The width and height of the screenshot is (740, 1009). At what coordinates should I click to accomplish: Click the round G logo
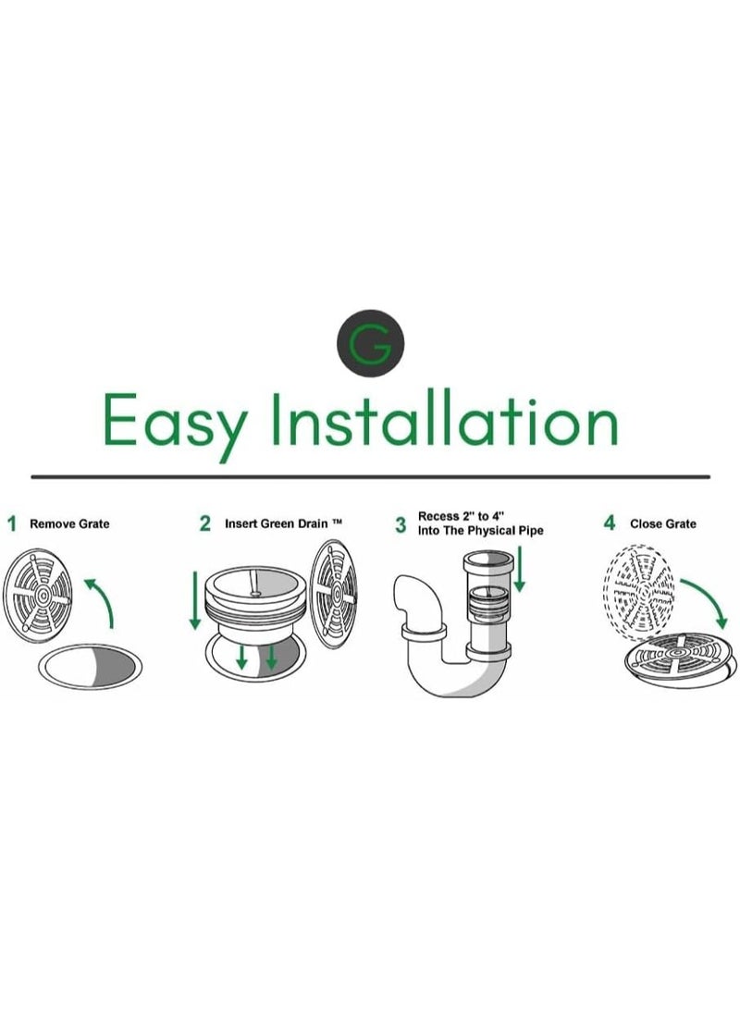(x=370, y=344)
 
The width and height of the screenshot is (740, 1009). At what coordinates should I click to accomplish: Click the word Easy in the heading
(x=175, y=425)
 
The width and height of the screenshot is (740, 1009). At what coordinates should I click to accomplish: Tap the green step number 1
(x=12, y=523)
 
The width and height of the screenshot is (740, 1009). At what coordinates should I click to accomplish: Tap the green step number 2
(x=204, y=523)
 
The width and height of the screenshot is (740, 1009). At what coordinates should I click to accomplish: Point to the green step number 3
(x=401, y=525)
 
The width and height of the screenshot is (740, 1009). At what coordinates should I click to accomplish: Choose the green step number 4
(x=609, y=523)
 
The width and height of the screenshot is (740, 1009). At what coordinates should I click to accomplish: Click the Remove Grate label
(x=69, y=524)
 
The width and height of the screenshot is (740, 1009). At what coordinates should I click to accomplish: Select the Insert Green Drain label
(x=283, y=523)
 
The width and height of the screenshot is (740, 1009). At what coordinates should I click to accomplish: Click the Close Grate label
(x=663, y=524)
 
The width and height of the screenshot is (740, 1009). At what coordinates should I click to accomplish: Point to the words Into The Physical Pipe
(x=480, y=531)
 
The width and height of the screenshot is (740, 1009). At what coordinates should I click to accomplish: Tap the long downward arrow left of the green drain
(x=194, y=599)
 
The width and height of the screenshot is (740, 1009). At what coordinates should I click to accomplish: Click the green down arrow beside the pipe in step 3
(x=519, y=569)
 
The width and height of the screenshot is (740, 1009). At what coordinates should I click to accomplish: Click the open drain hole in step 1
(x=90, y=667)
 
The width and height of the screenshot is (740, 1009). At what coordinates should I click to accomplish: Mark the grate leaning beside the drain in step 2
(x=333, y=594)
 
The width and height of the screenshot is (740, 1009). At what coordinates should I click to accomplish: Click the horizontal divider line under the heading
(x=370, y=477)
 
